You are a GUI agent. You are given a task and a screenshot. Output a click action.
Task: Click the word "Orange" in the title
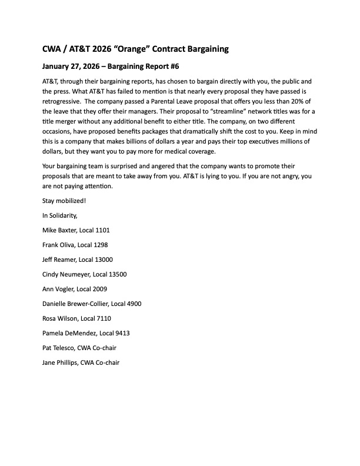pos(139,49)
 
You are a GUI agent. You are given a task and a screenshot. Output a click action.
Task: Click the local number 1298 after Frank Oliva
pos(98,245)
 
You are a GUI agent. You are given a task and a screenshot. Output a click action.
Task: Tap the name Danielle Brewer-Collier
pos(75,304)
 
